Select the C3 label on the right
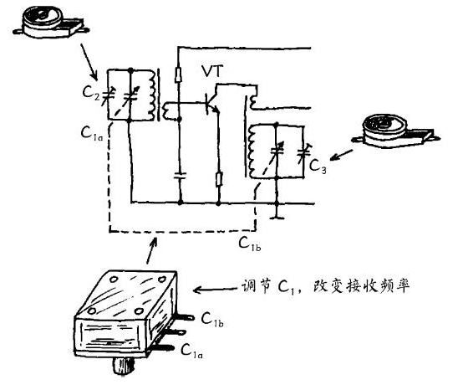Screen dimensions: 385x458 318,167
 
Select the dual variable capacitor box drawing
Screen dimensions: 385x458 130,314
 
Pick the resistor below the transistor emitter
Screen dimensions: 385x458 219,178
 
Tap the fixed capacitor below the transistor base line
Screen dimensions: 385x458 179,177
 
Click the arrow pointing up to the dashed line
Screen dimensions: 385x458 150,249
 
